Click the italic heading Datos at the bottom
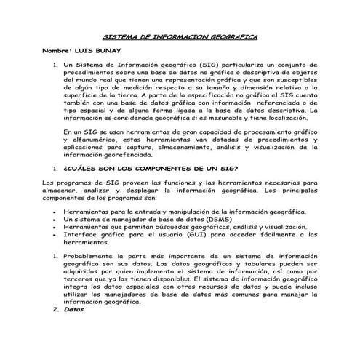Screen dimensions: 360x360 [x=74, y=309]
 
